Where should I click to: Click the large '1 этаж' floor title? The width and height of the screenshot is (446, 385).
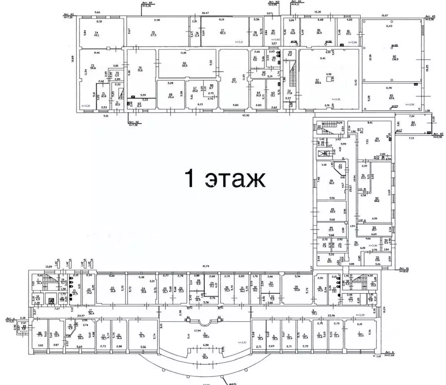(x=225, y=178)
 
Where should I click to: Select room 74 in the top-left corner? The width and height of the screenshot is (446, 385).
(x=96, y=34)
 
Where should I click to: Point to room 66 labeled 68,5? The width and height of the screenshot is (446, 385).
(x=184, y=64)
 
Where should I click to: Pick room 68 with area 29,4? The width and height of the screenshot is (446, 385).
(x=171, y=96)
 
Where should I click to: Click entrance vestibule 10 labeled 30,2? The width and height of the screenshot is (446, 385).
(x=205, y=358)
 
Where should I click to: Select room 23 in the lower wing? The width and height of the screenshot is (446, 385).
(x=112, y=289)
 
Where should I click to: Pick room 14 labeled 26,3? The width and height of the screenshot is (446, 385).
(x=80, y=336)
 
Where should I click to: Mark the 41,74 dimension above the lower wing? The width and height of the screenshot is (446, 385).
(x=206, y=266)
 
